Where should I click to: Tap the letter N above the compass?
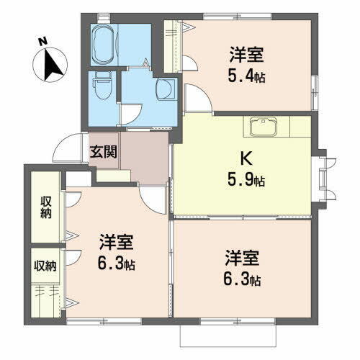pyautogui.click(x=44, y=41)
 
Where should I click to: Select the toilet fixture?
pyautogui.click(x=101, y=86)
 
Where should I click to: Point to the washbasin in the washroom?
pyautogui.click(x=164, y=89)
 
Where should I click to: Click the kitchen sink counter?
pyautogui.click(x=269, y=127)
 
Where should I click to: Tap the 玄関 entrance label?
pyautogui.click(x=101, y=152)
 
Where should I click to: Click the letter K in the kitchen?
pyautogui.click(x=245, y=157)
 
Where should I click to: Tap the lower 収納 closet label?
pyautogui.click(x=45, y=266)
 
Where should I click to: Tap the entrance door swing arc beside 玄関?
pyautogui.click(x=70, y=148)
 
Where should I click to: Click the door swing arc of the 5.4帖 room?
pyautogui.click(x=195, y=97)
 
